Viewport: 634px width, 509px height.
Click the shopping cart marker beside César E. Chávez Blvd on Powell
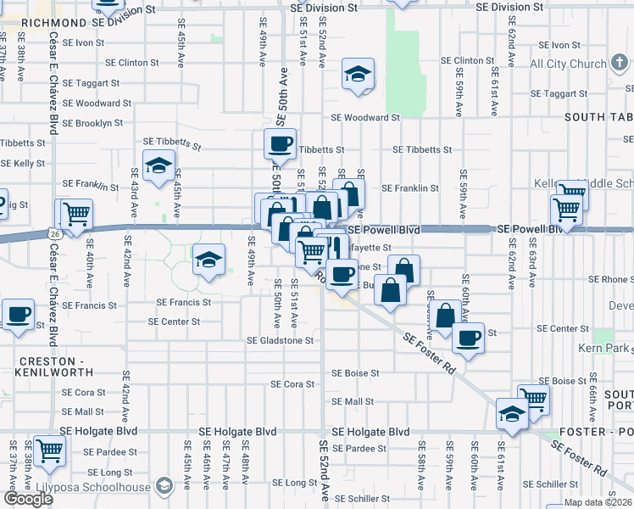click(75, 214)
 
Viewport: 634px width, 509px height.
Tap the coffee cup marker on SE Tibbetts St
click(280, 144)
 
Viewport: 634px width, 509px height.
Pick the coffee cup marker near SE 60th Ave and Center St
click(467, 338)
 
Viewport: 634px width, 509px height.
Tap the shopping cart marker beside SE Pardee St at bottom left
click(49, 451)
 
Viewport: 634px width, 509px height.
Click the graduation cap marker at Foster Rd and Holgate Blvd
click(513, 413)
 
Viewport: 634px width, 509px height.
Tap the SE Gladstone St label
click(280, 340)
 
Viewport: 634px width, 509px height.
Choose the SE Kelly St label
click(23, 163)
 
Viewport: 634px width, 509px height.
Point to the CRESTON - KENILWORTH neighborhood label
click(53, 366)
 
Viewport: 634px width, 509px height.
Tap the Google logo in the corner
click(28, 499)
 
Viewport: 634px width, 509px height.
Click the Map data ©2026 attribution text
click(598, 502)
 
